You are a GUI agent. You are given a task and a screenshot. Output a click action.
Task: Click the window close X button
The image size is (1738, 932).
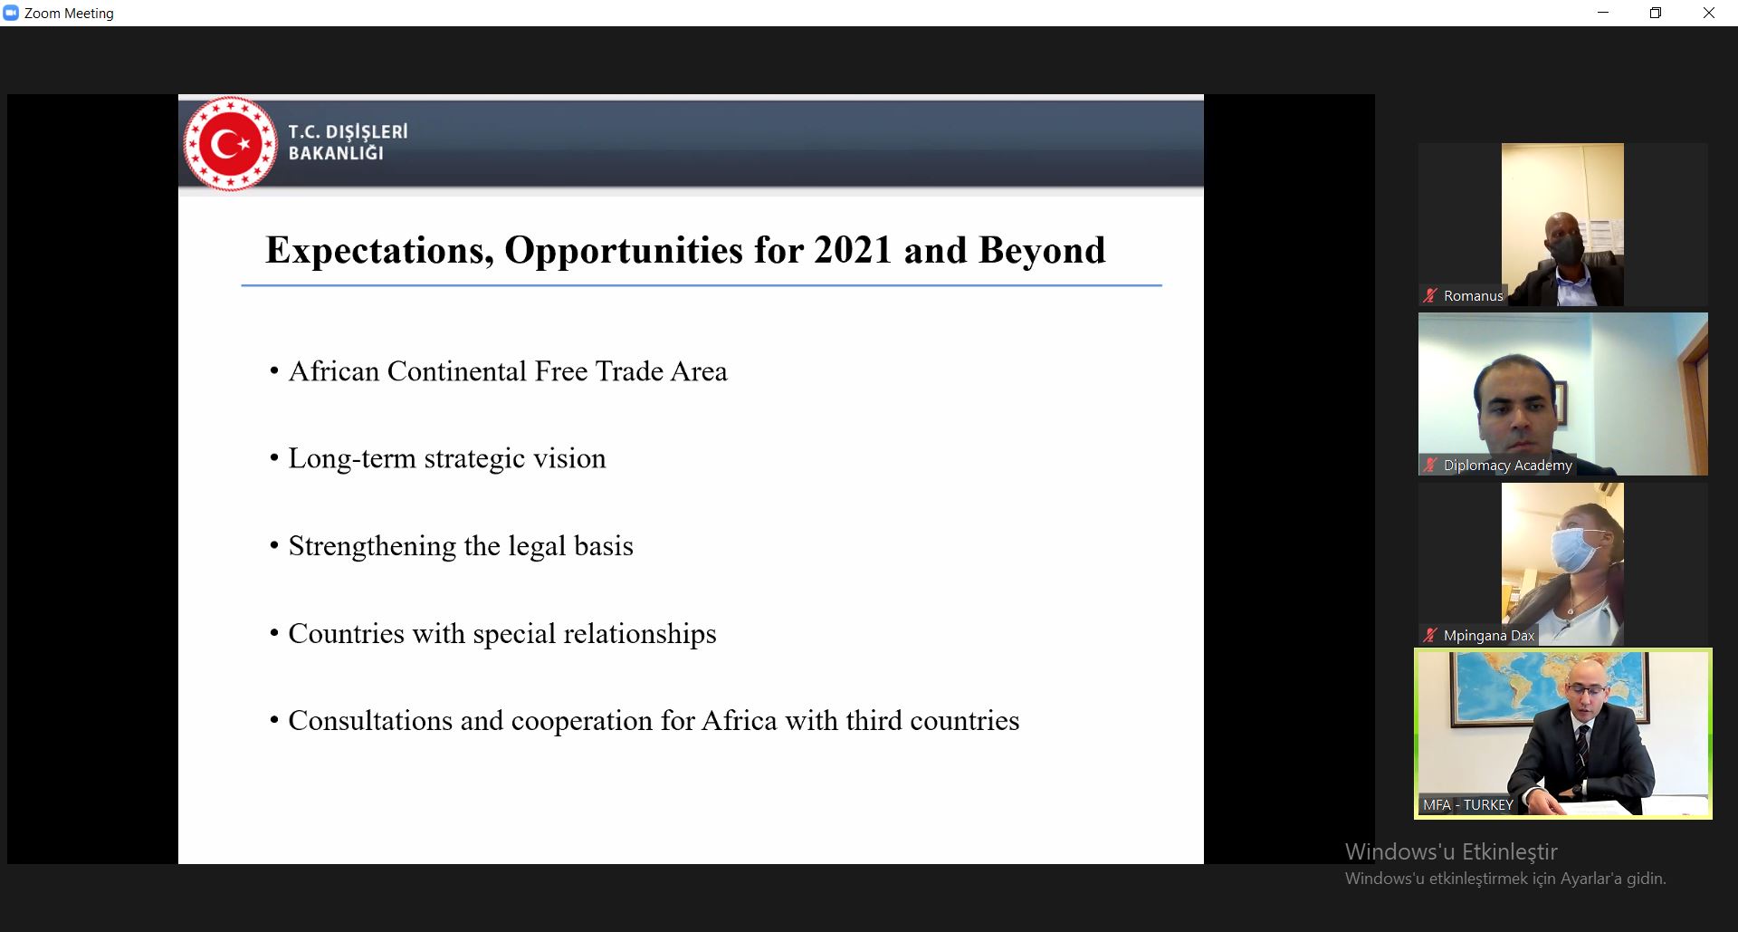click(x=1708, y=13)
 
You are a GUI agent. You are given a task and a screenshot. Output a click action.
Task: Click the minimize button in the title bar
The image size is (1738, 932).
click(x=1603, y=13)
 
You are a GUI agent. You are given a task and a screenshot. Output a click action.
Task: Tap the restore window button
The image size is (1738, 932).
click(x=1656, y=13)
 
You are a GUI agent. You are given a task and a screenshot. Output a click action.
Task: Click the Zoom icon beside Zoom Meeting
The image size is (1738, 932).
click(x=11, y=13)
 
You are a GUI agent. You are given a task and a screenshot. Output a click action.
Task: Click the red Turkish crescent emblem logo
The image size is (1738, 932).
click(x=230, y=143)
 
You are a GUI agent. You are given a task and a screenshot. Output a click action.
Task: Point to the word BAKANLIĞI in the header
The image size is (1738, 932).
click(x=336, y=153)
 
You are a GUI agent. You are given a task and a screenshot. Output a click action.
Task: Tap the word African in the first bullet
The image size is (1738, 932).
click(x=333, y=371)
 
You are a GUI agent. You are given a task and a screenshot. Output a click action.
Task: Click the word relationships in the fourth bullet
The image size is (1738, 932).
click(x=640, y=634)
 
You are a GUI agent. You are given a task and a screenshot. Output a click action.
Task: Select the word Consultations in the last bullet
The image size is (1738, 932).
click(x=370, y=721)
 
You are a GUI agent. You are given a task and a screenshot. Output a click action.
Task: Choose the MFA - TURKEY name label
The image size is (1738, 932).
click(x=1467, y=804)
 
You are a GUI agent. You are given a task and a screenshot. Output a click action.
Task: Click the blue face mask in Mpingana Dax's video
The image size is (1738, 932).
click(x=1579, y=550)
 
